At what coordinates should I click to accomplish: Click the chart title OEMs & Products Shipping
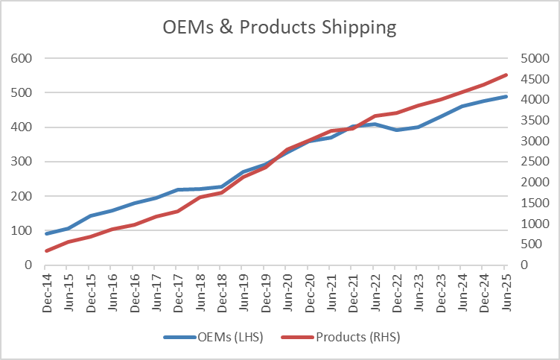pyautogui.click(x=280, y=28)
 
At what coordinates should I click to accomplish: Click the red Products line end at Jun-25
pyautogui.click(x=506, y=75)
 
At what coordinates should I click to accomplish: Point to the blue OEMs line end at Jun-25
pyautogui.click(x=506, y=96)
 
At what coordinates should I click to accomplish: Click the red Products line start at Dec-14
pyautogui.click(x=46, y=250)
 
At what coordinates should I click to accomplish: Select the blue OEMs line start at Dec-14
pyautogui.click(x=46, y=233)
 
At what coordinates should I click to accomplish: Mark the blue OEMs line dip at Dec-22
pyautogui.click(x=396, y=130)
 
